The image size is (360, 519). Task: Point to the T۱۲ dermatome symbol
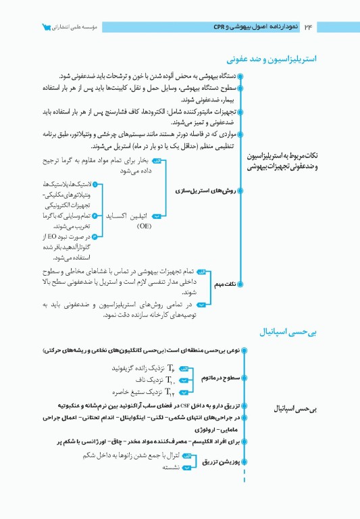(170, 393)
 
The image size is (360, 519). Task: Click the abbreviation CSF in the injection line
(184, 405)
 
